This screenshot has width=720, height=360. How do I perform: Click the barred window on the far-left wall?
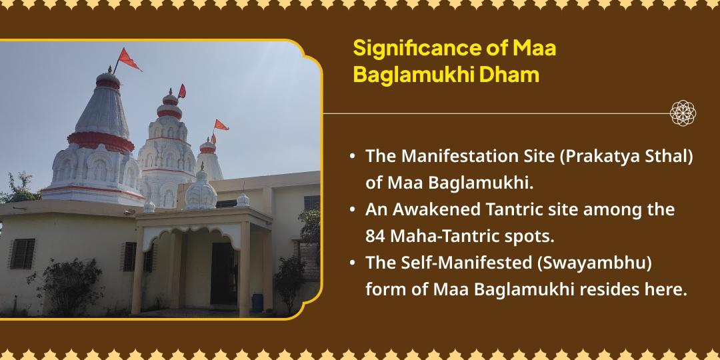tap(23, 253)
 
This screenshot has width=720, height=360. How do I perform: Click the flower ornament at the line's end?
tap(683, 113)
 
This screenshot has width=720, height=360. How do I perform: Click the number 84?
tap(375, 235)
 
